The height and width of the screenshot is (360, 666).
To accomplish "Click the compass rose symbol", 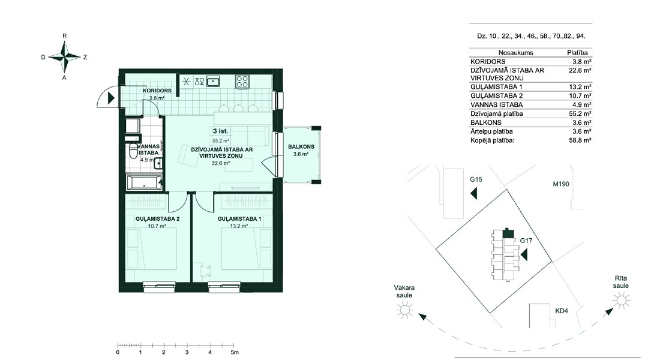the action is (65, 56).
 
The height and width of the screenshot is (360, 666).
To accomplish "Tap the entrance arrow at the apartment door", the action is (111, 98).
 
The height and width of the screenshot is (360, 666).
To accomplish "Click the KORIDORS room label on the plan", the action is (157, 91).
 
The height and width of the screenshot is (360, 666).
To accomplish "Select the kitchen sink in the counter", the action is (213, 81).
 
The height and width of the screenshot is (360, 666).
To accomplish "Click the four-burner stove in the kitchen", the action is (242, 81).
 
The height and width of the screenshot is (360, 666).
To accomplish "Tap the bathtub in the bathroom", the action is (145, 183).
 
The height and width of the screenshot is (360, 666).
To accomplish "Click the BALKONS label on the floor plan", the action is (301, 147).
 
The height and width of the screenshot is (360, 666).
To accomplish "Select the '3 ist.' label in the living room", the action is (220, 131).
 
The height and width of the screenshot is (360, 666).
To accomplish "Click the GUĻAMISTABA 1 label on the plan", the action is (239, 218).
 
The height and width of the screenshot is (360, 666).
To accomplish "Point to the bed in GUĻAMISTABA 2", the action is (151, 248).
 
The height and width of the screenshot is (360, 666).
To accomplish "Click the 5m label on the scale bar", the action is (235, 352).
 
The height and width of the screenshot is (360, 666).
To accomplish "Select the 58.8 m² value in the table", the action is (580, 140).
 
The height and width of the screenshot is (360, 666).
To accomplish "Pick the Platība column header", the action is (578, 53).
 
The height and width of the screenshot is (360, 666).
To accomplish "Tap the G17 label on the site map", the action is (526, 241).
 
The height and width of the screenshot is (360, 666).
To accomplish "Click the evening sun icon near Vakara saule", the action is (404, 310).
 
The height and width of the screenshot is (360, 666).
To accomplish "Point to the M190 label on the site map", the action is (561, 184).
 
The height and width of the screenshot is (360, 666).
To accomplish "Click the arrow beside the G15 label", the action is (473, 194).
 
